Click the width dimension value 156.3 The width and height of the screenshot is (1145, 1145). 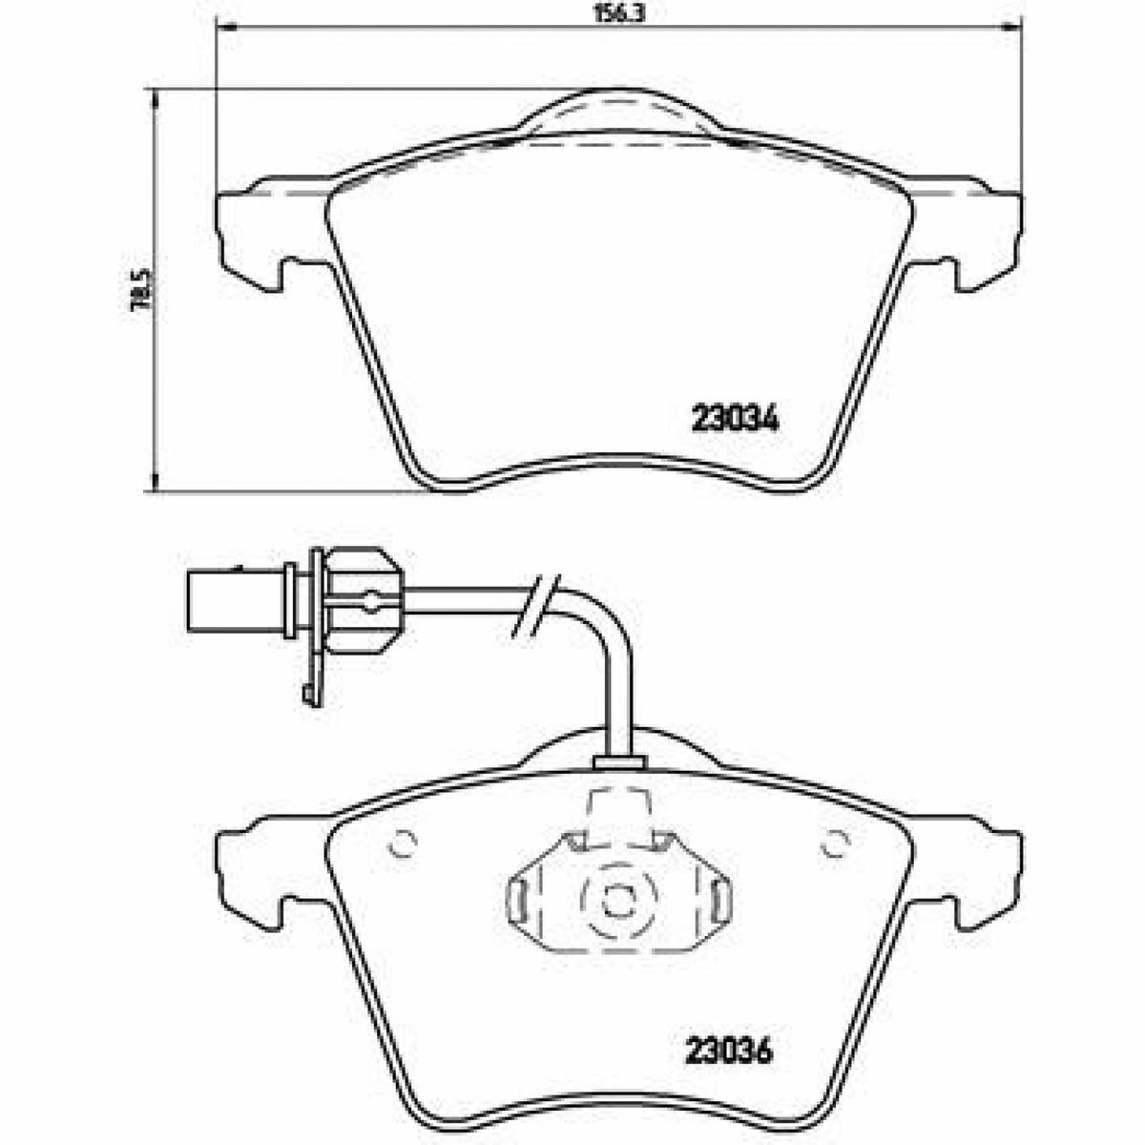[x=618, y=13]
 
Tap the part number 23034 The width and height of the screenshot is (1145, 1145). [x=734, y=421]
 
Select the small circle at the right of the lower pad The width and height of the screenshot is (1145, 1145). [x=835, y=843]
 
